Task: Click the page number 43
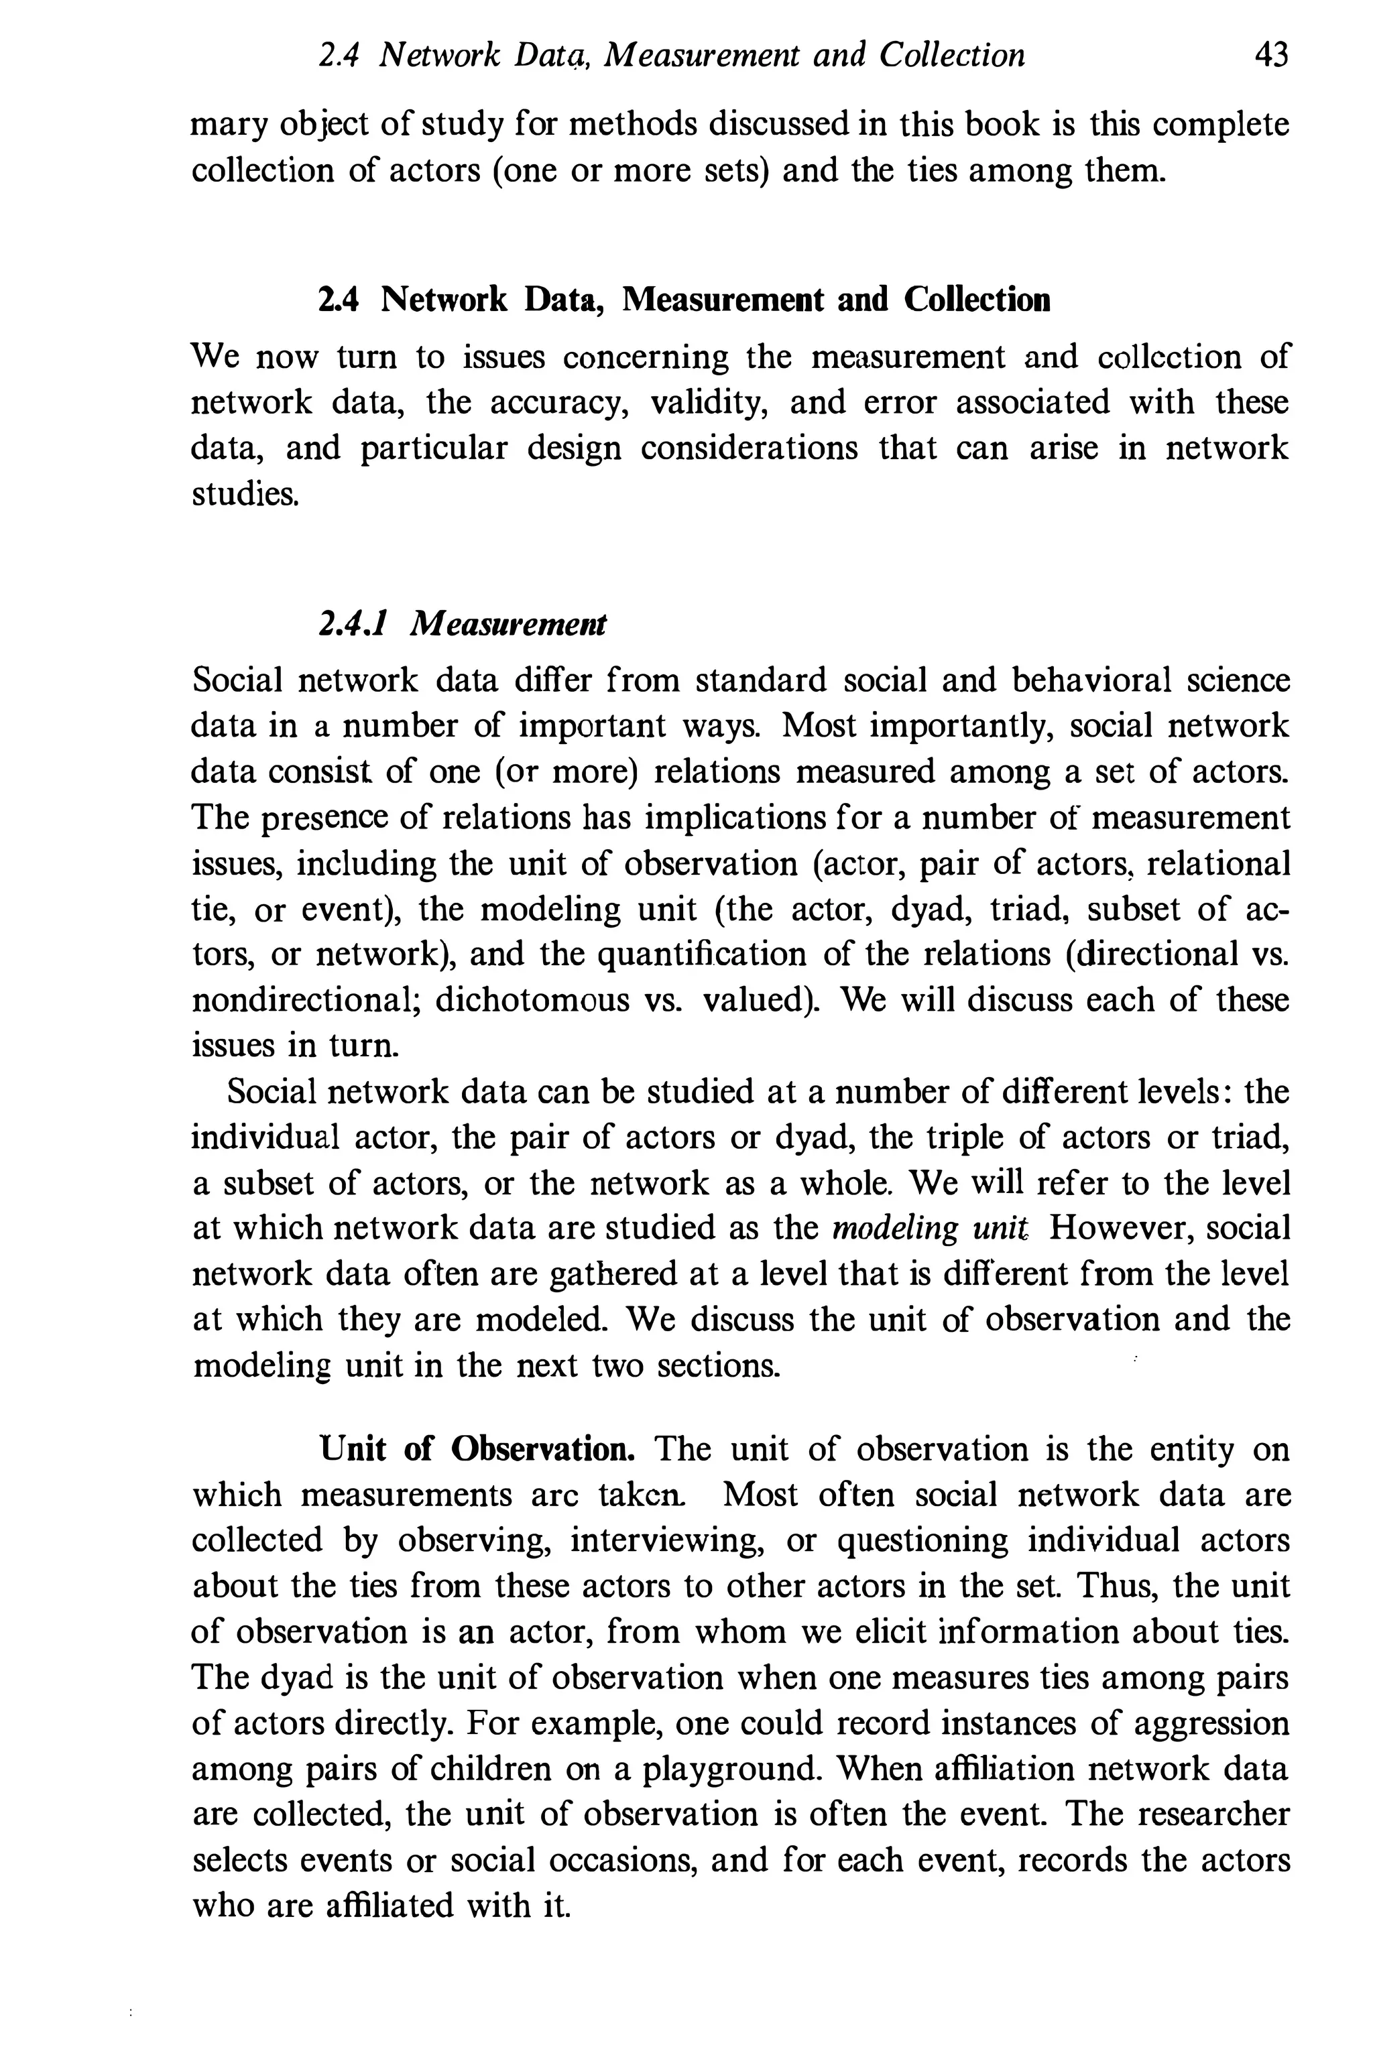pyautogui.click(x=1270, y=56)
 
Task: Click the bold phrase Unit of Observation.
pyautogui.click(x=478, y=1449)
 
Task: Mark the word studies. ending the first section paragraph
pyautogui.click(x=246, y=495)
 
